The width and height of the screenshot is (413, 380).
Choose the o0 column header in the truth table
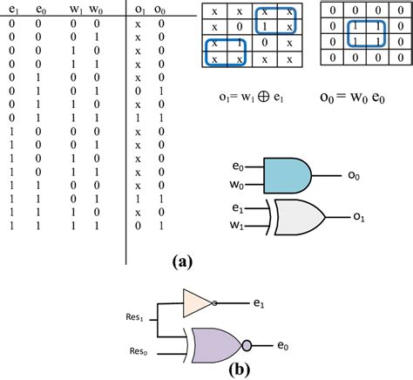point(161,10)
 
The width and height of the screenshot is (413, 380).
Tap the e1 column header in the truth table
point(12,10)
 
